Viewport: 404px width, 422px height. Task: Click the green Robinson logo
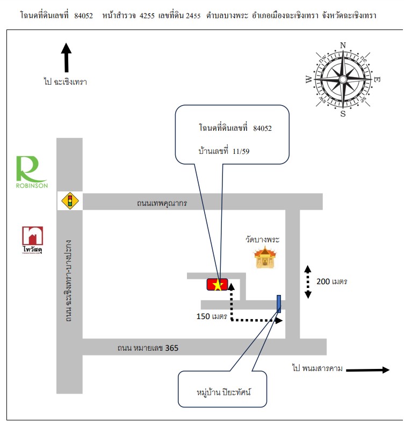32,172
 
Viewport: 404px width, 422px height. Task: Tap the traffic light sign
70,201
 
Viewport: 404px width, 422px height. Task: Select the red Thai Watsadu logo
32,240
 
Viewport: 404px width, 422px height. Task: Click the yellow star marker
218,285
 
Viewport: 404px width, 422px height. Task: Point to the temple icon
265,257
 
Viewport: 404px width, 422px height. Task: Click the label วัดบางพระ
262,239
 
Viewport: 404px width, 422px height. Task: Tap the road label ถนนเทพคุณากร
162,203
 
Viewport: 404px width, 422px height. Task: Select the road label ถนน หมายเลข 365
148,348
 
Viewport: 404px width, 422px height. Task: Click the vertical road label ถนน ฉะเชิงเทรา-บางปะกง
69,280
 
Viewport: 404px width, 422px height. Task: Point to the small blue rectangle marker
279,304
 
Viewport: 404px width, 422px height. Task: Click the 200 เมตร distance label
331,282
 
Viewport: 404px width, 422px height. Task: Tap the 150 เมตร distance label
212,316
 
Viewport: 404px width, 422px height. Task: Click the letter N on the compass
343,45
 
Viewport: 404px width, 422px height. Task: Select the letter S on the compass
343,114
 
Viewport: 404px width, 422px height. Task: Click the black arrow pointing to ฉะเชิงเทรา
66,57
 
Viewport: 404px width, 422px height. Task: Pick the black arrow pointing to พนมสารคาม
368,370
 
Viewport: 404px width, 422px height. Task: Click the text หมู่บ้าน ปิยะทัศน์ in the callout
223,392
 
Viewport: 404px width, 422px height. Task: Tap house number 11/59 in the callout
241,151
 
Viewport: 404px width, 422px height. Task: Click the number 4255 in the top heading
147,16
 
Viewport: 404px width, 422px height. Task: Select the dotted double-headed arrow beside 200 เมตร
308,282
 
